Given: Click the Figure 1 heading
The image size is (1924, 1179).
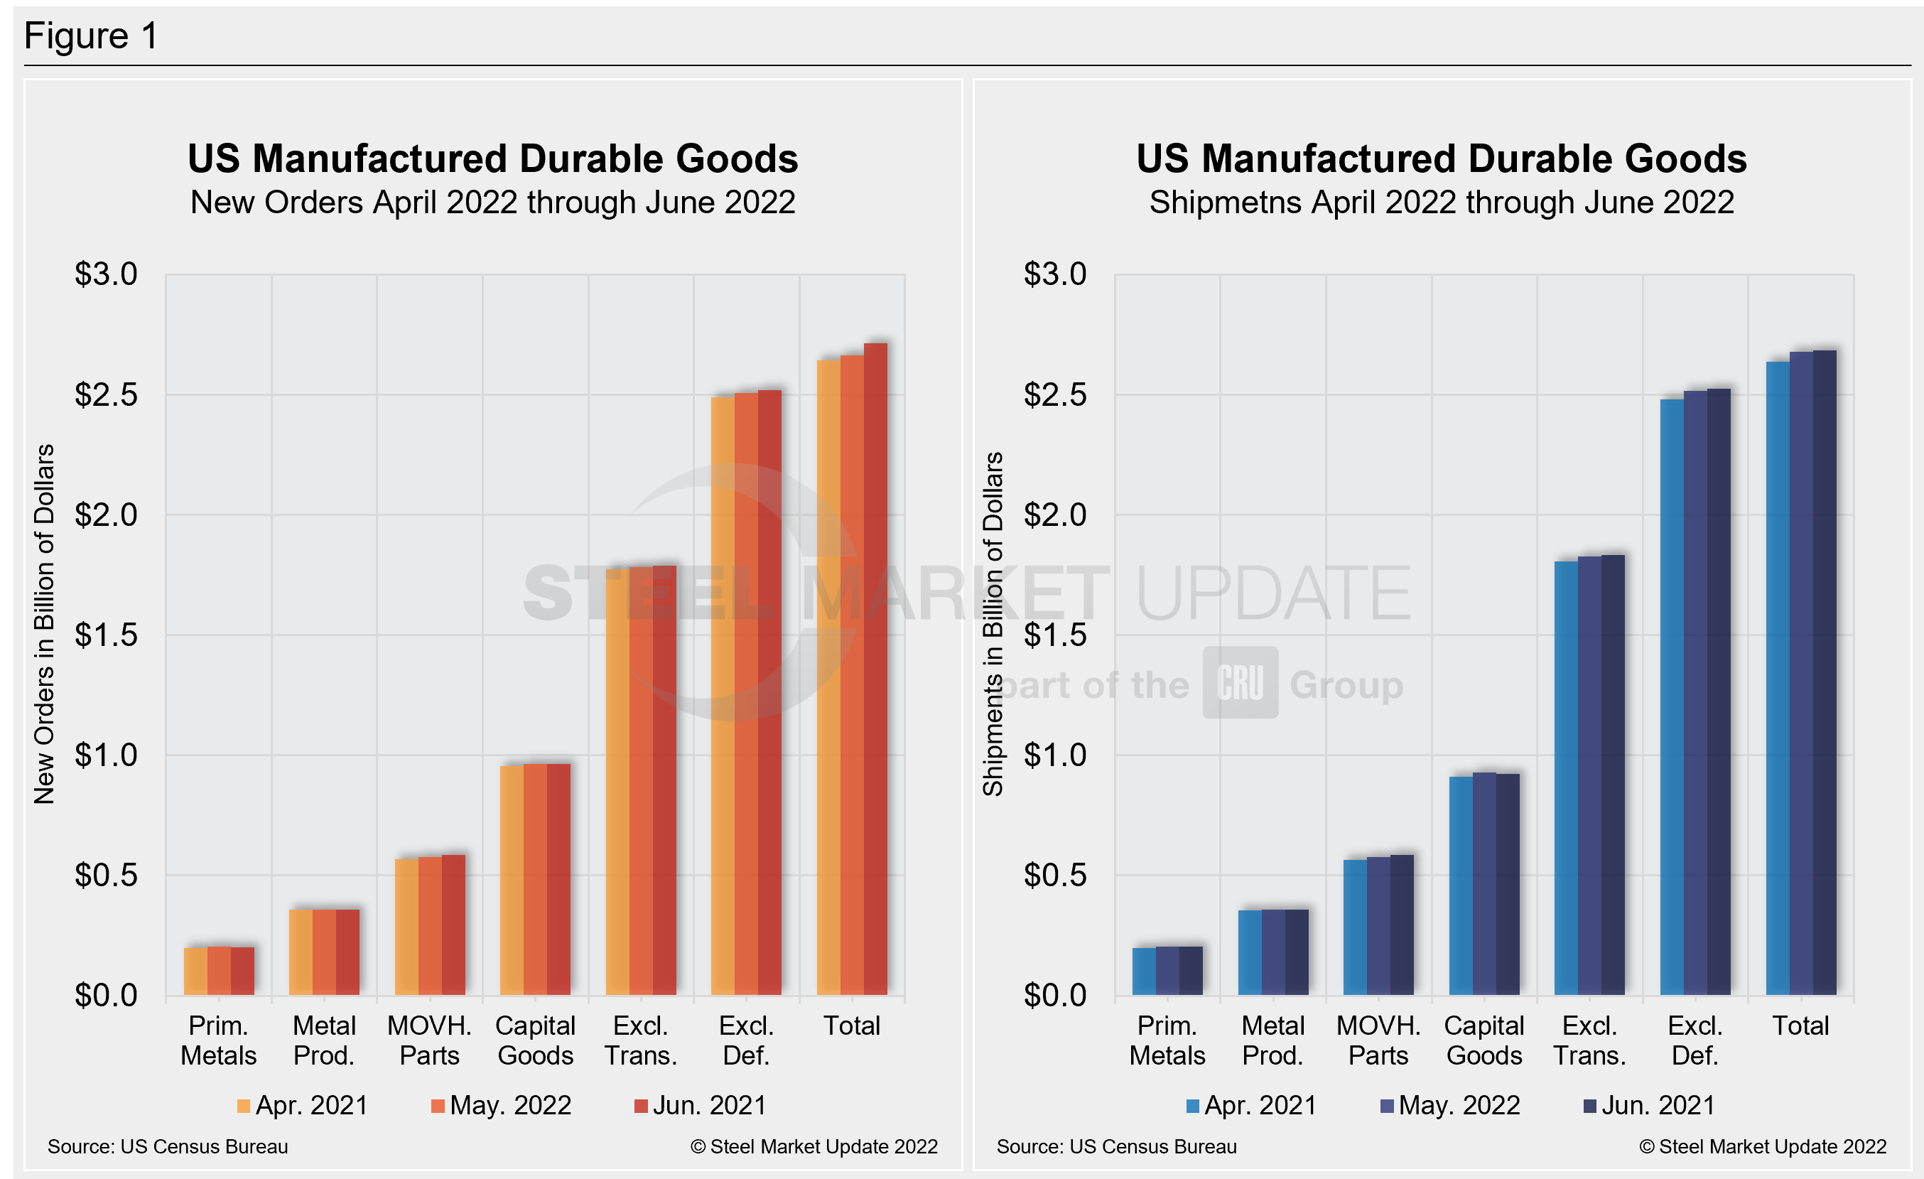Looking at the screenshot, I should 92,36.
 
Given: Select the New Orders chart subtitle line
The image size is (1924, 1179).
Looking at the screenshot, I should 492,203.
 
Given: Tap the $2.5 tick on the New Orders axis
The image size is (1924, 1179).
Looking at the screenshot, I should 106,395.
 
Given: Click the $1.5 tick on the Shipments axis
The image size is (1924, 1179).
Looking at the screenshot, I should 1055,635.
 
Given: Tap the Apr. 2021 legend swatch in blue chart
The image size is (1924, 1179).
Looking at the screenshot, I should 1192,1107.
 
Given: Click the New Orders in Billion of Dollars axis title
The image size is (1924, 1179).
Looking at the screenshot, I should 45,624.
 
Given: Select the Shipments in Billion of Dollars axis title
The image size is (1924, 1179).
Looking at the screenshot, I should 993,624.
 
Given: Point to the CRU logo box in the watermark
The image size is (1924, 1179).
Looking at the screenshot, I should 1240,682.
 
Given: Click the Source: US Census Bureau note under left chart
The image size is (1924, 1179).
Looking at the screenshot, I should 168,1147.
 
